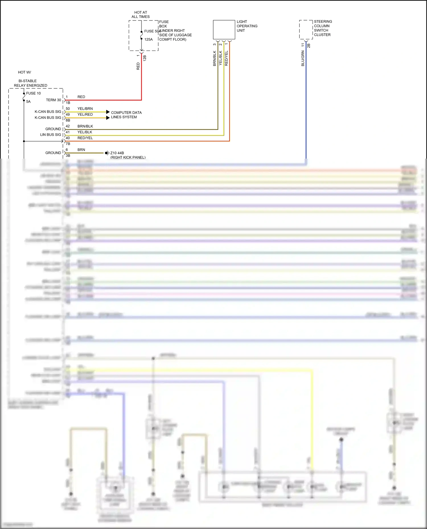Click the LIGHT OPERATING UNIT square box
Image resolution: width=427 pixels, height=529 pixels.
coord(224,30)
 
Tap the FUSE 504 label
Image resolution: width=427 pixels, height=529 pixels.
coord(152,31)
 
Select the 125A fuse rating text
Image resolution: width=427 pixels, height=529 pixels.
coord(148,40)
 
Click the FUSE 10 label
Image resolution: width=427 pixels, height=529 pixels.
coord(33,93)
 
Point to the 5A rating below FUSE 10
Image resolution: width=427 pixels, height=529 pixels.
coord(28,101)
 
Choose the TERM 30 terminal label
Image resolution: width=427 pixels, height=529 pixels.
coord(53,100)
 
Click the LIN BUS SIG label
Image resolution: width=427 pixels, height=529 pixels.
coord(50,135)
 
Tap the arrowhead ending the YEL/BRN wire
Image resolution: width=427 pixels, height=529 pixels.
coord(108,112)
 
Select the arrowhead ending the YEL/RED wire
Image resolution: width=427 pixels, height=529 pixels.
coord(108,118)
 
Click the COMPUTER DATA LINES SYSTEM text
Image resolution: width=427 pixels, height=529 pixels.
coord(126,115)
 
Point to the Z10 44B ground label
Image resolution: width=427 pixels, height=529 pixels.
coord(117,153)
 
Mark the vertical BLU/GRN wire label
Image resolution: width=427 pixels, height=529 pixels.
coord(303,59)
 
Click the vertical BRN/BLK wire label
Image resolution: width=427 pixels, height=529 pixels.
coord(214,59)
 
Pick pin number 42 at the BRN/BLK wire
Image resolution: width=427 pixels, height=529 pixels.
coord(68,126)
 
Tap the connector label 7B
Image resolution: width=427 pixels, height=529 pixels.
coord(68,144)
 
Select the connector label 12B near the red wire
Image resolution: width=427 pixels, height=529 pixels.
coord(145,58)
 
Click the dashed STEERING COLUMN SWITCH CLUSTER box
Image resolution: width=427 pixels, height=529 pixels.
coord(306,30)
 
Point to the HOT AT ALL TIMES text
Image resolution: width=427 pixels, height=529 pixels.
coord(141,14)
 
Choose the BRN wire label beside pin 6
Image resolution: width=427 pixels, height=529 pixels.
coord(81,150)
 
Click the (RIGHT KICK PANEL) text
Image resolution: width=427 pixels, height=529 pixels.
coord(128,157)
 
